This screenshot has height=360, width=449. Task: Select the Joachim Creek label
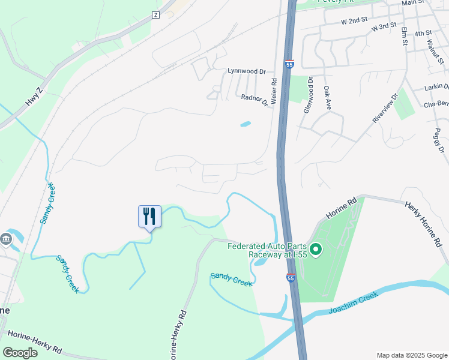click(x=352, y=304)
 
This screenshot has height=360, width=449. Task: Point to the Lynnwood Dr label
click(x=246, y=71)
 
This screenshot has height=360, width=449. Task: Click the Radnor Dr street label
click(x=255, y=100)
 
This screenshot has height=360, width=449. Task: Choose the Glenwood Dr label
click(x=310, y=93)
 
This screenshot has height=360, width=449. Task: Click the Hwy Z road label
click(x=34, y=97)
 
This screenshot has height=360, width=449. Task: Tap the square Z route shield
click(x=156, y=14)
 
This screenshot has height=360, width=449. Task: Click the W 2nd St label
click(x=354, y=20)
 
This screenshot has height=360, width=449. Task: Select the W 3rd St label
click(x=384, y=27)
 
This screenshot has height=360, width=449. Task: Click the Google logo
click(x=20, y=352)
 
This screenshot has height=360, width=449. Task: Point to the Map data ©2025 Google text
click(x=411, y=355)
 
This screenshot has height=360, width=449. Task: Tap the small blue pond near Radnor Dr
click(x=246, y=125)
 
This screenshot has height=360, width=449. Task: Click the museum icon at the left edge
click(x=7, y=239)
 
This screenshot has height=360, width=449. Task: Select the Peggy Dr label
click(x=439, y=140)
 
